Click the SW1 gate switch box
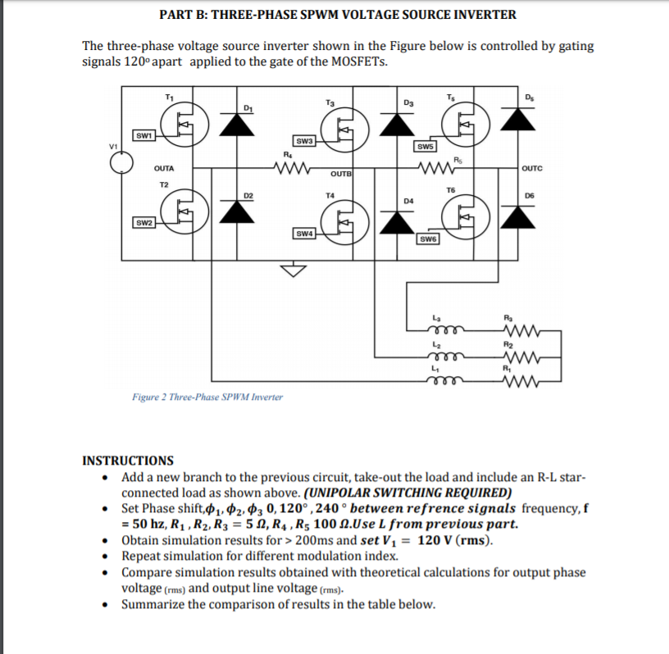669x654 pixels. [143, 136]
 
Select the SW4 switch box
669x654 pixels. [304, 234]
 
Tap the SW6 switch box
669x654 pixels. [428, 239]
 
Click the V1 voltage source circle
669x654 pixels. [121, 163]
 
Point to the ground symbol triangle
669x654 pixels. [294, 270]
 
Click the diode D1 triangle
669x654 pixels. [237, 125]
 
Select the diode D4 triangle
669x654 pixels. [397, 222]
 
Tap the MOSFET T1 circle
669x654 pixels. [184, 125]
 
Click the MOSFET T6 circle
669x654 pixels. [466, 217]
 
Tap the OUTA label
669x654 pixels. [164, 169]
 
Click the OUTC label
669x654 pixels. [532, 168]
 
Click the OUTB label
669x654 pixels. [341, 174]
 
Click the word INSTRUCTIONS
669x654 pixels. [128, 461]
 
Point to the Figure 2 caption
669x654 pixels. [207, 397]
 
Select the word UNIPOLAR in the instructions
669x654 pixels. [339, 493]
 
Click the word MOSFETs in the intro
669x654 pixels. [360, 61]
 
